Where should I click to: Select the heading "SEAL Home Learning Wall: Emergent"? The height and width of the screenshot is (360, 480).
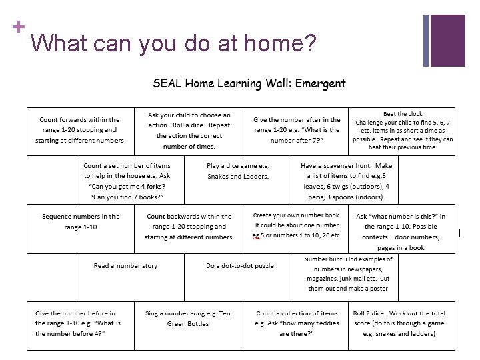tap(249, 84)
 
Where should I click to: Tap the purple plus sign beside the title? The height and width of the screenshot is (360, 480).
tap(18, 27)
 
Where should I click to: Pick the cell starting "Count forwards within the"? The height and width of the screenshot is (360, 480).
tap(80, 131)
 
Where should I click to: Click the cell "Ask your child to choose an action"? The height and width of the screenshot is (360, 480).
tap(189, 131)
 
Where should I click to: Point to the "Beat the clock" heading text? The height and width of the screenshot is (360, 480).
tap(402, 114)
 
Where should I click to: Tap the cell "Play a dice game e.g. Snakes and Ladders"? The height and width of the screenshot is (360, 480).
tap(238, 171)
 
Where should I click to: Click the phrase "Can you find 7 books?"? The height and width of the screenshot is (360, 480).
tap(127, 198)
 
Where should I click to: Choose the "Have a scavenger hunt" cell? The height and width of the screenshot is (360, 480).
tap(346, 181)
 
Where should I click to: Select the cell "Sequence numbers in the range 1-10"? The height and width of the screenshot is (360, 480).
tap(81, 221)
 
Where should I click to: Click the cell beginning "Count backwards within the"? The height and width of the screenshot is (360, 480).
tap(189, 227)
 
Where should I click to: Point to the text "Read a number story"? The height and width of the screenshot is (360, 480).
tap(126, 265)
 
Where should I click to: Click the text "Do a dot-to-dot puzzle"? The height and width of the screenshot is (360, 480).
tap(239, 265)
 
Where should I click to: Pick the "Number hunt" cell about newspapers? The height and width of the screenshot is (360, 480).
tap(348, 274)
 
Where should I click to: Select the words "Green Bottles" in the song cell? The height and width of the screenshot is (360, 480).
tap(188, 324)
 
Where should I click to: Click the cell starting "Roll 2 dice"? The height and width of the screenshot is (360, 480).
tap(403, 323)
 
